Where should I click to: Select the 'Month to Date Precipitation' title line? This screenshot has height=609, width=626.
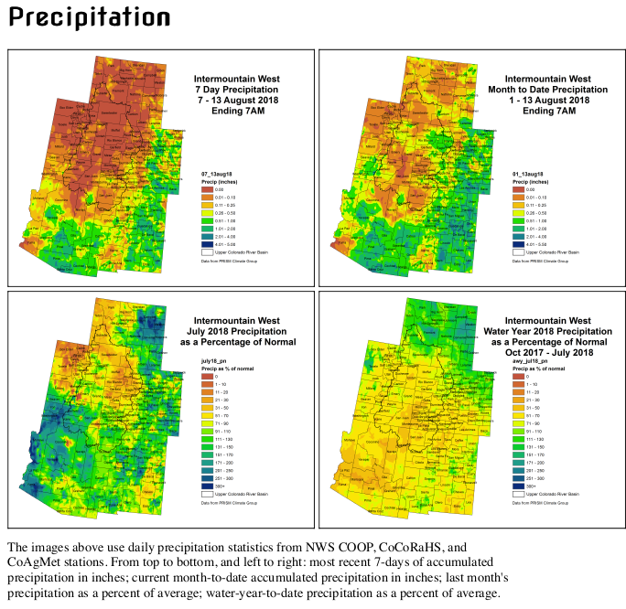click(548, 90)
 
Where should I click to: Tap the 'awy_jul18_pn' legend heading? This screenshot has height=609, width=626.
click(529, 361)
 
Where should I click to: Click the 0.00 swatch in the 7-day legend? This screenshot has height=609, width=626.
click(208, 188)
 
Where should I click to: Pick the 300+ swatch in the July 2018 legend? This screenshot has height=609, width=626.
click(208, 486)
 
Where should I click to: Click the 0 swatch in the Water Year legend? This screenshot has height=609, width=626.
click(519, 376)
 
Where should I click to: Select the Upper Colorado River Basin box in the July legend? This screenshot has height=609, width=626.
click(208, 494)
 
